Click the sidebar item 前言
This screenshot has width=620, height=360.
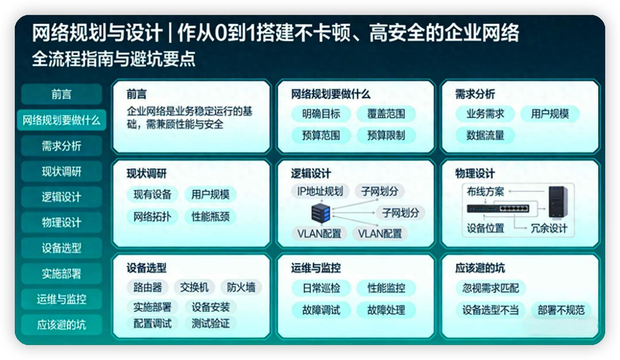pyautogui.click(x=61, y=95)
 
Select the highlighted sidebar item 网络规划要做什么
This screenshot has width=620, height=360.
pyautogui.click(x=61, y=120)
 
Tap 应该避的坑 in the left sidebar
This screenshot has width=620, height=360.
pyautogui.click(x=61, y=324)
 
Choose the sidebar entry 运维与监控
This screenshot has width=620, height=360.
pyautogui.click(x=61, y=299)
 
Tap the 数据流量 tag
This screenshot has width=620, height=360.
pyautogui.click(x=485, y=135)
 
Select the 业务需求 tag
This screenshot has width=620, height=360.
pyautogui.click(x=485, y=114)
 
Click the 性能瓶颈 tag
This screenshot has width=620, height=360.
pyautogui.click(x=210, y=216)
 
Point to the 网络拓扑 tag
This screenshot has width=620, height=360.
pyautogui.click(x=153, y=216)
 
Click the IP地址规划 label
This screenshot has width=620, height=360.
pyautogui.click(x=319, y=191)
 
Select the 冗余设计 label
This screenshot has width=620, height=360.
pyautogui.click(x=549, y=229)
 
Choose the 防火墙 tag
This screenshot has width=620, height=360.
pyautogui.click(x=241, y=288)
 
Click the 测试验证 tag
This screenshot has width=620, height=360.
pyautogui.click(x=210, y=323)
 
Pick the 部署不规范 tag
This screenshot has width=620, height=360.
pyautogui.click(x=559, y=310)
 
